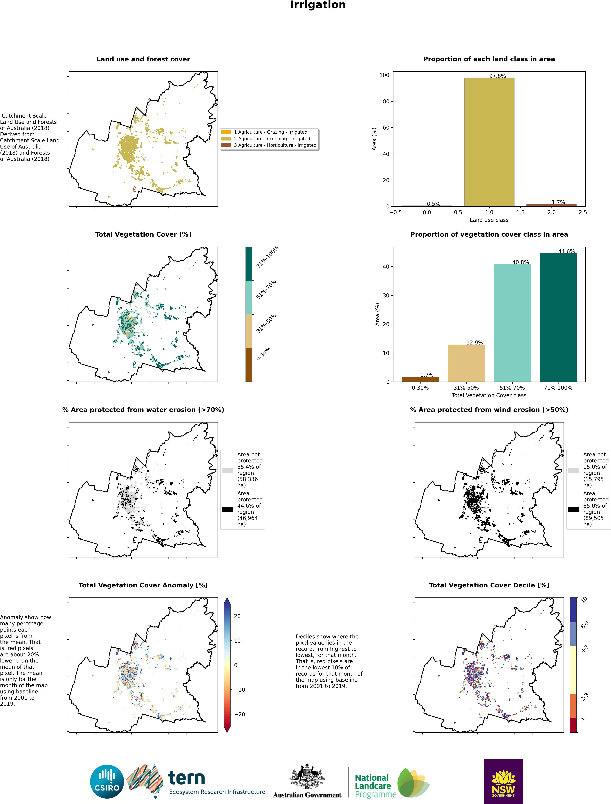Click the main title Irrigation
[x=318, y=5]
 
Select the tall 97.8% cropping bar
[x=489, y=142]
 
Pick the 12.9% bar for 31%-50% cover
[x=466, y=363]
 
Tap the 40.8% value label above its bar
[x=520, y=262]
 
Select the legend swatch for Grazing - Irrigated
[x=226, y=132]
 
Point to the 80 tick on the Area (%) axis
[x=386, y=102]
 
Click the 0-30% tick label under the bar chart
[x=420, y=388]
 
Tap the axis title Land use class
[x=489, y=220]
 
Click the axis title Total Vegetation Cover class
[x=489, y=395]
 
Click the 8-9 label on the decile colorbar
[x=584, y=625]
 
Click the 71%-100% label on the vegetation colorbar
[x=267, y=257]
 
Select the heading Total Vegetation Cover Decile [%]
[x=489, y=585]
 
